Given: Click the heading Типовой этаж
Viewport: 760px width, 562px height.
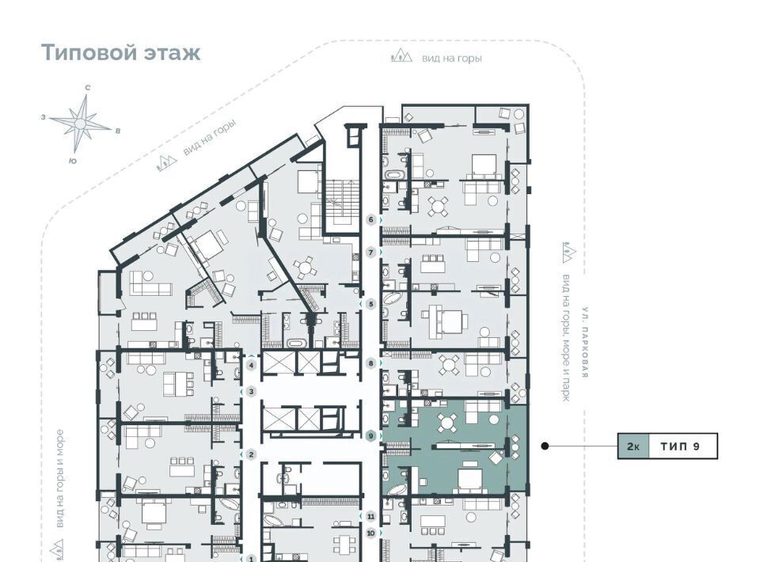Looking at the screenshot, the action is [x=120, y=52].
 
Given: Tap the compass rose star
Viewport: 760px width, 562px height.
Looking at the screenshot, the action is [x=81, y=124].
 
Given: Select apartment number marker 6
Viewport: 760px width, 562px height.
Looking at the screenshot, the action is [x=371, y=220].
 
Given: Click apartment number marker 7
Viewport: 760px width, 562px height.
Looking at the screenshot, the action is [x=371, y=253].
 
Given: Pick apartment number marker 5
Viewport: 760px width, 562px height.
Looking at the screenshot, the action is [x=371, y=304].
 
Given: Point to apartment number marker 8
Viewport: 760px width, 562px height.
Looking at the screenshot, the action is [x=371, y=363].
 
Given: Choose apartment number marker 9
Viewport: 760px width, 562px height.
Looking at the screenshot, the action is [x=371, y=436].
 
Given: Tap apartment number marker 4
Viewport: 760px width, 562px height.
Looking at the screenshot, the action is [x=251, y=366].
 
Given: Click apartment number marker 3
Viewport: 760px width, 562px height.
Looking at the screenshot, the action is [x=251, y=391].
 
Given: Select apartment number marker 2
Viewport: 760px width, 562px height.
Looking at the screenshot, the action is [x=251, y=454].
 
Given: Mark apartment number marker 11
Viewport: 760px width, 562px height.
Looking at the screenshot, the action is [x=371, y=516].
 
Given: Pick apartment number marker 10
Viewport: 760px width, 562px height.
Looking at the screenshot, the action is [x=371, y=534].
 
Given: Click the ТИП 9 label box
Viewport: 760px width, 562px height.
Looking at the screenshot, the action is [x=681, y=446].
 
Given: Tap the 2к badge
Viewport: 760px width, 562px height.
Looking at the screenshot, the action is [x=633, y=446].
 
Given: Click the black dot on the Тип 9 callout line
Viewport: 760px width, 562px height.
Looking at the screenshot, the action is [x=545, y=446].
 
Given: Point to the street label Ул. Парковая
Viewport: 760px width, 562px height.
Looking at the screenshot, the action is [x=586, y=342].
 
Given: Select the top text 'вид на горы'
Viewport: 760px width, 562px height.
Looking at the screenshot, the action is [x=452, y=59].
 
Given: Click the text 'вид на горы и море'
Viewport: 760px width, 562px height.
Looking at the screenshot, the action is [x=59, y=479].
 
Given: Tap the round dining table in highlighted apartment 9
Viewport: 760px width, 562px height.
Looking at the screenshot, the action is [x=446, y=423].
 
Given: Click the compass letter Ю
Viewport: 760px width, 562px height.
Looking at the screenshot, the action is [x=73, y=161].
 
